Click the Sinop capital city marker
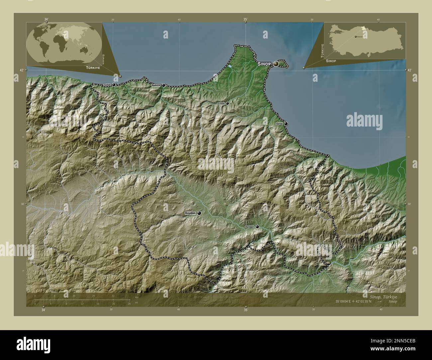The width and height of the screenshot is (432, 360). [276, 64]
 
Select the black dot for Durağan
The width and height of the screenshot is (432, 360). [257, 227]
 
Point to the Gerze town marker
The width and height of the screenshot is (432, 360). [285, 124]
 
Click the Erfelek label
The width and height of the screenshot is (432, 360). [221, 103]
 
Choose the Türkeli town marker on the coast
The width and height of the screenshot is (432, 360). [114, 85]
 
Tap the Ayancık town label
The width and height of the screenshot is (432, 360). [156, 85]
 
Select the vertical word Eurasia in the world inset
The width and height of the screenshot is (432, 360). [103, 58]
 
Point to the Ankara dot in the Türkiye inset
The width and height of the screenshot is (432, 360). [355, 37]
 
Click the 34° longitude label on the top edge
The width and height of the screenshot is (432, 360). [46, 20]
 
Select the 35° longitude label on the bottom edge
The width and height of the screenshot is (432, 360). [246, 310]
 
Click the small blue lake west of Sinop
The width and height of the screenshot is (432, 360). [230, 66]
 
